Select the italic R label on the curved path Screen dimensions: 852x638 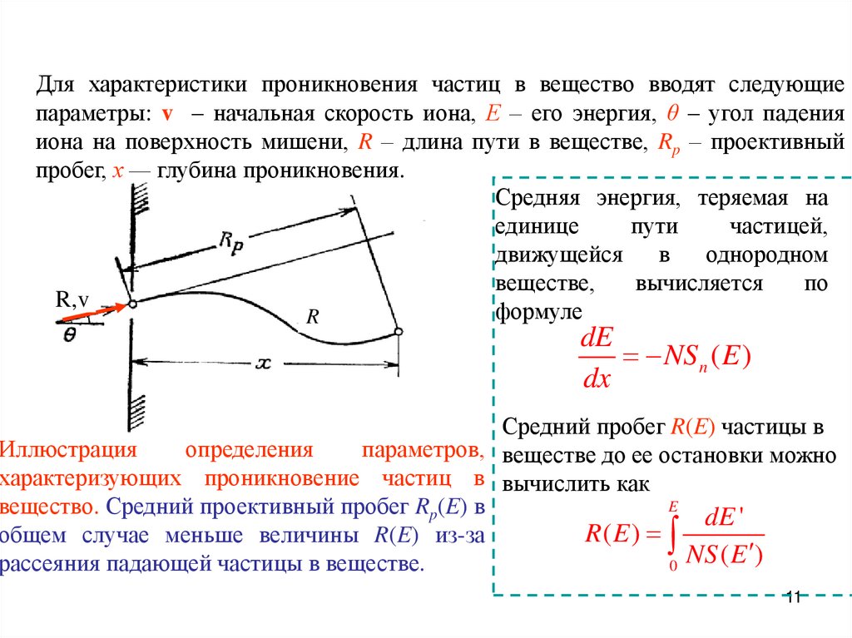coord(313,317)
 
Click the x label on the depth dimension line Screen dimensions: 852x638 coord(264,364)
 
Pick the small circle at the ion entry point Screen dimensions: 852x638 coord(132,304)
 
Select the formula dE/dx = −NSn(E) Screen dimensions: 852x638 coord(664,358)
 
